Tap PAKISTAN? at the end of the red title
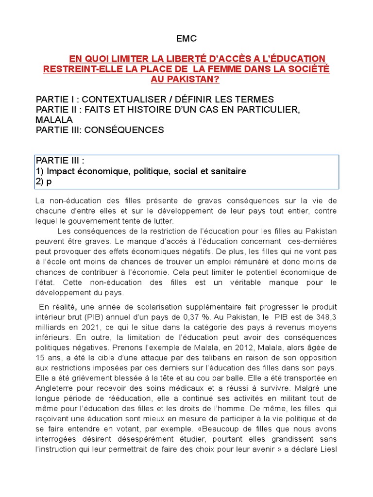(186, 79)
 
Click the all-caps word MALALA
(54, 119)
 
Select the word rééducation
(97, 398)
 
